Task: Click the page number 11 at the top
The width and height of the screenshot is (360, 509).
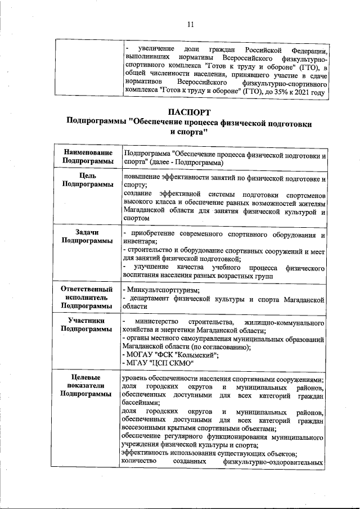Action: coord(190,24)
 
